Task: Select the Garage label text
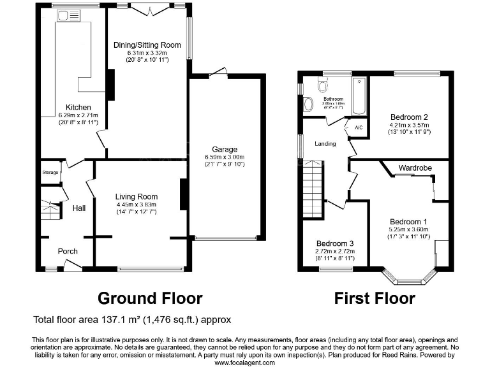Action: [224, 149]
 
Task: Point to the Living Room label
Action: [137, 196]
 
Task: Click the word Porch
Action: [68, 251]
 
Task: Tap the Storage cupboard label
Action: [50, 173]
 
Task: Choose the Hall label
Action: [78, 208]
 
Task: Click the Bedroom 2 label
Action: [408, 117]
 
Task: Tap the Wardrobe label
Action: [415, 168]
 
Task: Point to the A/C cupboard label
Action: [358, 127]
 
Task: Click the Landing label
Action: [325, 144]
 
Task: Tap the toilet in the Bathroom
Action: [322, 85]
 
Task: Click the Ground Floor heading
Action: [150, 298]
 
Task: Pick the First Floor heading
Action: [375, 298]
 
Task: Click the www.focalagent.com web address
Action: [244, 362]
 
